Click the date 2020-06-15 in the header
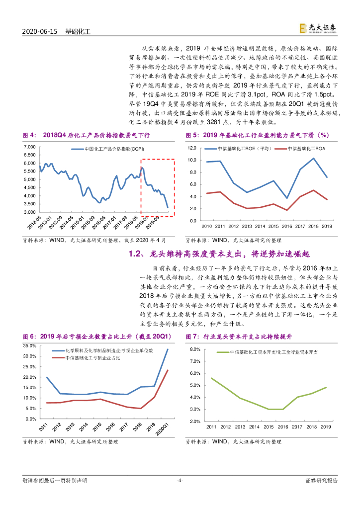pos(41,31)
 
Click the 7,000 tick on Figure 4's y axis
pos(30,148)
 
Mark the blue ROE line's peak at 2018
pos(313,159)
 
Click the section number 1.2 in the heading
pos(135,254)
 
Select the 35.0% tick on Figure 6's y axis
pos(29,345)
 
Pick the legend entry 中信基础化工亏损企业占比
pos(90,358)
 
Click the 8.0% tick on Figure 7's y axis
pos(193,349)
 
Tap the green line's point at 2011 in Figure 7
pos(211,378)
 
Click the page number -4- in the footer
pos(180,480)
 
